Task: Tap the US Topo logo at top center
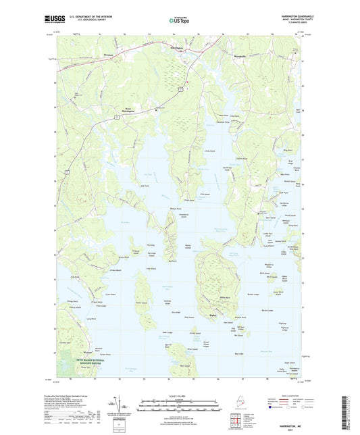tap(178, 20)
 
